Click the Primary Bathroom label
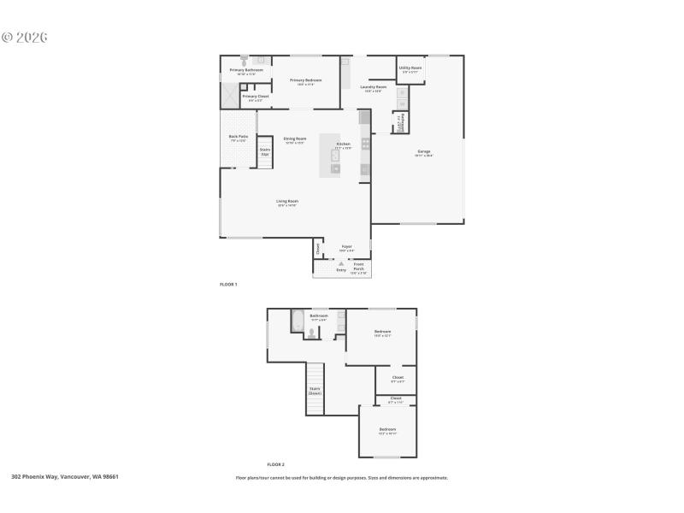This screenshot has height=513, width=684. click(246, 70)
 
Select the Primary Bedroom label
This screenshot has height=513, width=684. click(305, 80)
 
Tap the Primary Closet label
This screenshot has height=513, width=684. click(255, 97)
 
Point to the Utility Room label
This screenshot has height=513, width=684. click(410, 68)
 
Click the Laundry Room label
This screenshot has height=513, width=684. click(373, 87)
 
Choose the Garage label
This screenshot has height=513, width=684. click(424, 152)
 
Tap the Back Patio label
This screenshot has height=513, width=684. click(238, 137)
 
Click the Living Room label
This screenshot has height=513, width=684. click(286, 202)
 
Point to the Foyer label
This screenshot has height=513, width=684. click(346, 246)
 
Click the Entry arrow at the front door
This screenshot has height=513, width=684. click(341, 264)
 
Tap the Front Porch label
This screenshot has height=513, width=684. click(359, 266)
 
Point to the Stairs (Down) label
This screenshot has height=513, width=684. click(315, 391)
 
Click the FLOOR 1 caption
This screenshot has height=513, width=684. click(228, 284)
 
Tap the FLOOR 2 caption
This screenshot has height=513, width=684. click(275, 464)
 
